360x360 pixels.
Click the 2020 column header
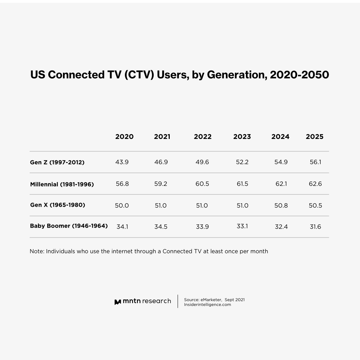(x=124, y=137)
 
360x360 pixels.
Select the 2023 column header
(x=242, y=137)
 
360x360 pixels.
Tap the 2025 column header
(x=314, y=137)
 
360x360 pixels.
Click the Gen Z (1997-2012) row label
(x=57, y=162)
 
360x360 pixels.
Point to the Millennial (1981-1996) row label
(x=62, y=184)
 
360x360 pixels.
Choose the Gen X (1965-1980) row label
(x=57, y=205)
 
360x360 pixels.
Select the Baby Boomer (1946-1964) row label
(x=69, y=226)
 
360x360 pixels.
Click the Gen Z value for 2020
(x=122, y=162)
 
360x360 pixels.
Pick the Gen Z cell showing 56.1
(x=315, y=162)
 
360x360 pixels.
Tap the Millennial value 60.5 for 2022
(x=202, y=184)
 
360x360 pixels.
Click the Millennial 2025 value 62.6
(x=315, y=184)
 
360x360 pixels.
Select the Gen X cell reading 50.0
(x=122, y=206)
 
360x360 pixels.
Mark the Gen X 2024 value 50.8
(x=281, y=206)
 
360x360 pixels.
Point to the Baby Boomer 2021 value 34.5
(x=160, y=227)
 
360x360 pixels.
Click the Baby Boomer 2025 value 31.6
(x=315, y=227)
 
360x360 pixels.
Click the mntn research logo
(x=143, y=301)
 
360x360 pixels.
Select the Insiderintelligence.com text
(x=207, y=305)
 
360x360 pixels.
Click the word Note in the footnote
(x=36, y=251)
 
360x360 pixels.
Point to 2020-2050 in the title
(x=299, y=75)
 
